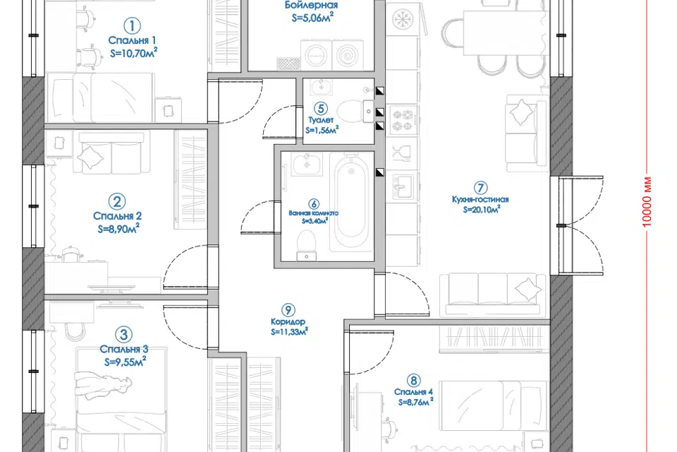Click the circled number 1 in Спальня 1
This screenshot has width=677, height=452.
coord(132,26)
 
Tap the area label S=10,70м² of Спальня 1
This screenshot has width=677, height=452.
coord(133,53)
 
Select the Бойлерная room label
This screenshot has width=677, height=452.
coord(311,5)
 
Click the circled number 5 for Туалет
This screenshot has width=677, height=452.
coord(320,108)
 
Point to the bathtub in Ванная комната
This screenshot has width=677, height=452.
coord(351,203)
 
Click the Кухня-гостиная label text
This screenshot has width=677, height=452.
coord(480,199)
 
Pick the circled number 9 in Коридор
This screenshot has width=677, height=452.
coord(288,310)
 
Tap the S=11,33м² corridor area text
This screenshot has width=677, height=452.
coord(289,332)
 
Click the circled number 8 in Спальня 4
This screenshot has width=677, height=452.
coord(414,381)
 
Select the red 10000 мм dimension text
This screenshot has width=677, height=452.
coord(647,201)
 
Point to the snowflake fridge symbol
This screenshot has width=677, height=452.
coord(403,18)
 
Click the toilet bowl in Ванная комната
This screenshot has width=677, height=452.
coord(307,245)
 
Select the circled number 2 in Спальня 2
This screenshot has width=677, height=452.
coord(116,201)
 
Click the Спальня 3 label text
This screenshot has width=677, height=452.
coord(124,349)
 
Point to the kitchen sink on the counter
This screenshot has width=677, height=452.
coord(403,186)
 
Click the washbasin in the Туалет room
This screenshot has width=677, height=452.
coord(320,86)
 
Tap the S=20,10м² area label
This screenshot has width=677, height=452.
coord(482,209)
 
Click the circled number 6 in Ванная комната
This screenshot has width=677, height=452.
coord(314,203)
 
